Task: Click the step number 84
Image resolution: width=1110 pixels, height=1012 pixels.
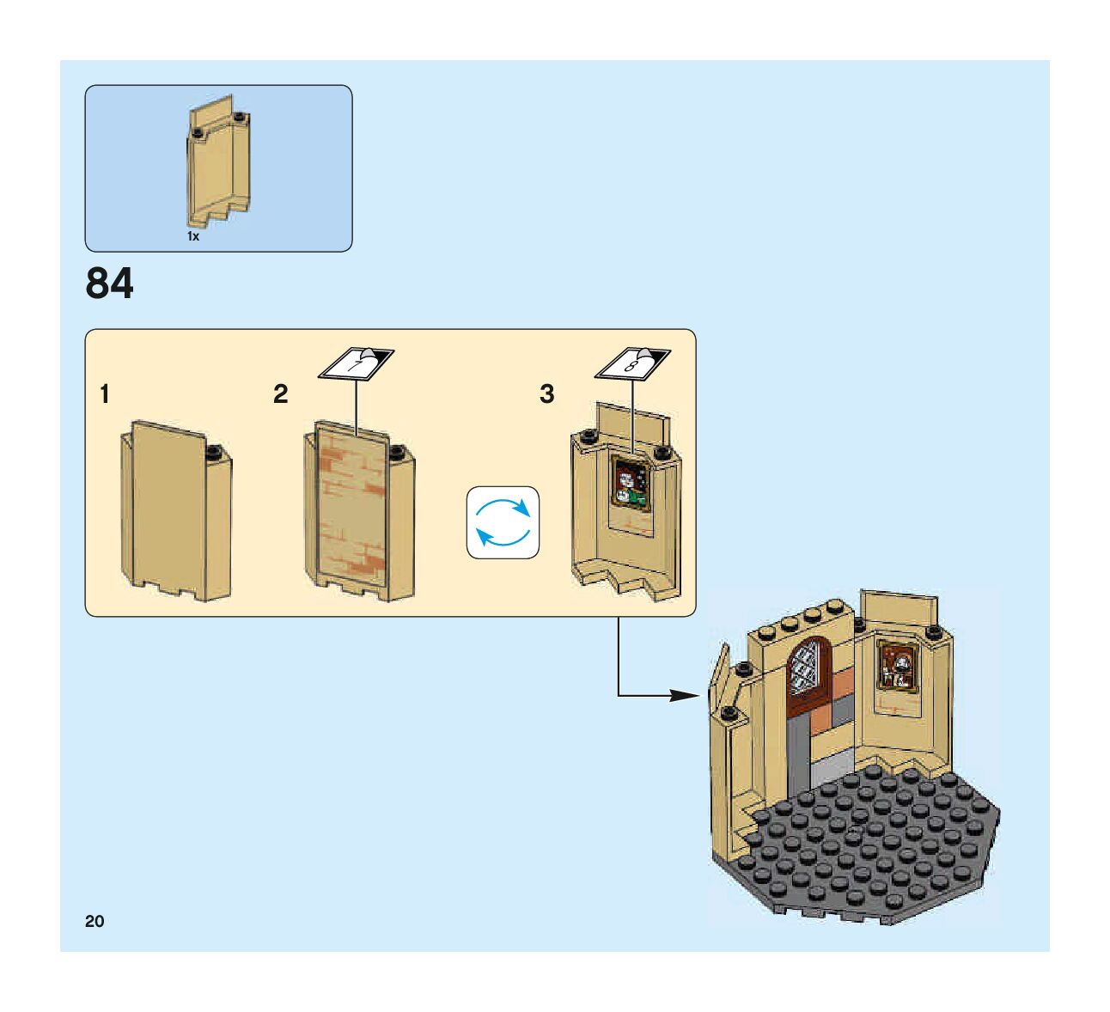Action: tap(109, 283)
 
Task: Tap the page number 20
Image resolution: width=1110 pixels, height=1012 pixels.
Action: tap(95, 921)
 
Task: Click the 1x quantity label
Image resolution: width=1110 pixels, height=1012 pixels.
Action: tap(193, 236)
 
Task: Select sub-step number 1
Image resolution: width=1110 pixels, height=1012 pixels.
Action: tap(105, 394)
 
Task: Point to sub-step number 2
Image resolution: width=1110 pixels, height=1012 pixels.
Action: tap(281, 394)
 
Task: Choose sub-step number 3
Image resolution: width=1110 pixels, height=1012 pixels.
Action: tap(547, 394)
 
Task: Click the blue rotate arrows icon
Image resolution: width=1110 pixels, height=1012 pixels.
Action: tap(503, 522)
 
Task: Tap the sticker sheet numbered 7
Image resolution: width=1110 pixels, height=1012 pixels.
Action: tap(356, 363)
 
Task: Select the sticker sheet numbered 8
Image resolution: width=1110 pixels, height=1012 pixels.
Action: tap(633, 363)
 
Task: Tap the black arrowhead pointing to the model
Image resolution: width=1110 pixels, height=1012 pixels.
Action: tap(685, 695)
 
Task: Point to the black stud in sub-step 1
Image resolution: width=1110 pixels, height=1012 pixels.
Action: tap(214, 451)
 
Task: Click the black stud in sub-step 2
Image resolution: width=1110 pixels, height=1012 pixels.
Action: tap(397, 451)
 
